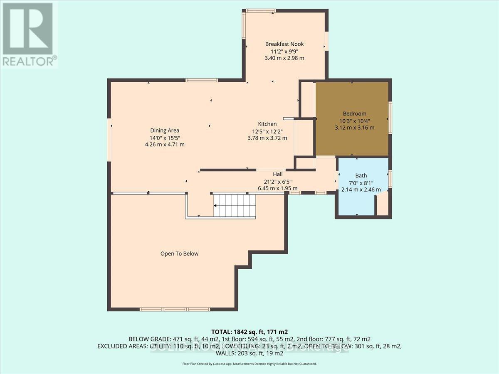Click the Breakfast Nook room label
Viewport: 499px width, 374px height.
click(x=284, y=44)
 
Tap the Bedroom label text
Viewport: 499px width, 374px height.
click(x=354, y=113)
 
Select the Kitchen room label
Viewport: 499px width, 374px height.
click(x=267, y=124)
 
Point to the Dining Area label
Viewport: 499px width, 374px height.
click(x=165, y=130)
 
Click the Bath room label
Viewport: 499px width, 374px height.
click(x=361, y=176)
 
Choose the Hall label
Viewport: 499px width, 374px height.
click(x=278, y=174)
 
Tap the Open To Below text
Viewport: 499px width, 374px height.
click(x=179, y=253)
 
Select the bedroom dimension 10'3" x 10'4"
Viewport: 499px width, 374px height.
click(x=354, y=121)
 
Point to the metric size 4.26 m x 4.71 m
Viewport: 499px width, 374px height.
click(x=165, y=145)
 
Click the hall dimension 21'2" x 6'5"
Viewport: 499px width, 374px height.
click(x=278, y=181)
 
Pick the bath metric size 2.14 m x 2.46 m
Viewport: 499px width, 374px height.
click(x=361, y=189)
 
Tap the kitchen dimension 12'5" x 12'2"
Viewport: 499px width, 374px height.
click(x=267, y=131)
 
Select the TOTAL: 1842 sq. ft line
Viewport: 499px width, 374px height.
click(x=249, y=332)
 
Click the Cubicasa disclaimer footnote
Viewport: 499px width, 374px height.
click(x=249, y=364)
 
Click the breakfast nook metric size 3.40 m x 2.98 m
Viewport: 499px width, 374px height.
click(x=284, y=58)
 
